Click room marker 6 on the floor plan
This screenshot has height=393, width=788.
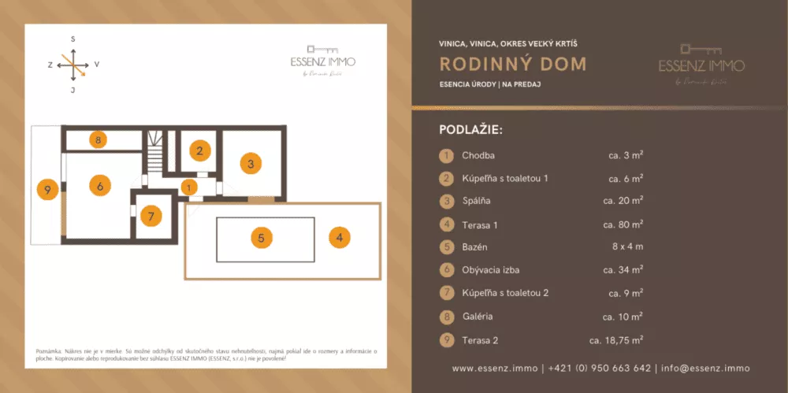coord(99,187)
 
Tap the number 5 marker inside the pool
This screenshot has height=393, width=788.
coord(262,236)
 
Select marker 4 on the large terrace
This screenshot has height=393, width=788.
coord(339,237)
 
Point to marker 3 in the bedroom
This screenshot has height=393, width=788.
coord(250,164)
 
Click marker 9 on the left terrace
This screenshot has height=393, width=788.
coord(48,189)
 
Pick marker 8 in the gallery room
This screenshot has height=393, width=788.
coord(97,140)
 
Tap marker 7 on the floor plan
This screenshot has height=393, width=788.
coord(152,215)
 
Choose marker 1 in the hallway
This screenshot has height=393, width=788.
coord(189,187)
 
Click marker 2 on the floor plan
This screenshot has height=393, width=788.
coord(200,150)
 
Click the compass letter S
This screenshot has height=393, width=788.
coord(72,39)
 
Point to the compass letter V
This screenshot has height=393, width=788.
coord(96,65)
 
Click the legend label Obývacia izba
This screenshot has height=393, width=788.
coord(490,270)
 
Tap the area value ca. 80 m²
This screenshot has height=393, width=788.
coord(623,225)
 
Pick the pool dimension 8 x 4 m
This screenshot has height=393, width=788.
coord(627,247)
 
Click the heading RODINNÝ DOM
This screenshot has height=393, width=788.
coord(513,64)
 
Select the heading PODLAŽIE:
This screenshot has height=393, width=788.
coord(470,129)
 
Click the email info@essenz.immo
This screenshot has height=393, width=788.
coord(705,368)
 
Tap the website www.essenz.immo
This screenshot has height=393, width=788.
coord(495,368)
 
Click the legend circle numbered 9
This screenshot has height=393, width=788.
coord(446,340)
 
